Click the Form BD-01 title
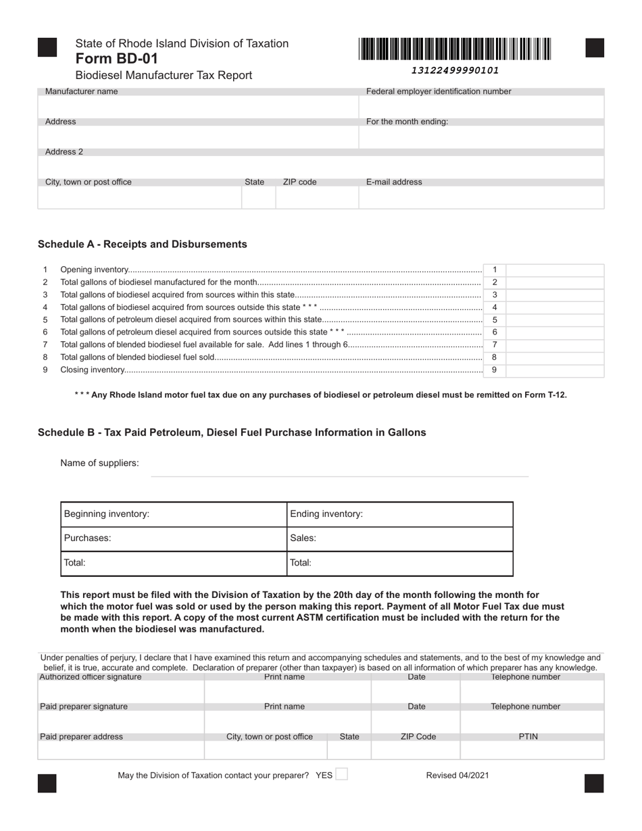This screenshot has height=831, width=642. [117, 59]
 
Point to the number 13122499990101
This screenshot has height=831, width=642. [455, 70]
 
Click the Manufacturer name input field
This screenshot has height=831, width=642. [197, 107]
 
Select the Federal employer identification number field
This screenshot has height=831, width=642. [481, 107]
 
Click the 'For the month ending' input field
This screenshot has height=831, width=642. [481, 137]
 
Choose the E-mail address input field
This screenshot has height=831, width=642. [481, 197]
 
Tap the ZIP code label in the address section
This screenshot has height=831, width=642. [299, 182]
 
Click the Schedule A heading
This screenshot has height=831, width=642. [143, 244]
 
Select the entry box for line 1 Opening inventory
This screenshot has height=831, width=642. [554, 270]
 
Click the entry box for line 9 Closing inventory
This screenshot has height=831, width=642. [554, 370]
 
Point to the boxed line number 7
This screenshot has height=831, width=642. [495, 345]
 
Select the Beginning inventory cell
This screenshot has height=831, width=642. [174, 514]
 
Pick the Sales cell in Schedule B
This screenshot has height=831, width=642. [399, 538]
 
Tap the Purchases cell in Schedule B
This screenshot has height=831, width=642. [174, 538]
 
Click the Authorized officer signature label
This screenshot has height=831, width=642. [91, 677]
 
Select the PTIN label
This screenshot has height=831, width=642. [528, 736]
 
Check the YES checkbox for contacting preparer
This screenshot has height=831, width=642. [341, 774]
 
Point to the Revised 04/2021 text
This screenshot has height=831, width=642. [458, 776]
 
